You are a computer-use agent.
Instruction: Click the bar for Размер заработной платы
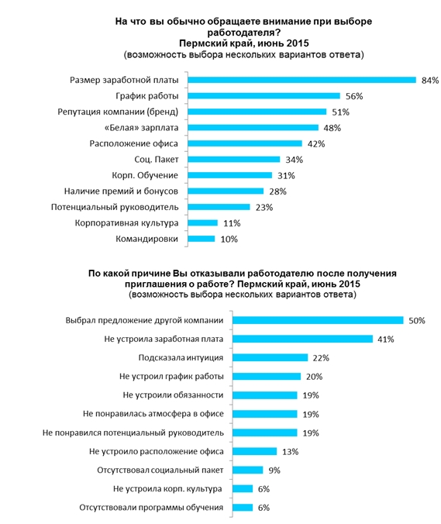(x=301, y=80)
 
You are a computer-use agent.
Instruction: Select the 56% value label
(x=354, y=96)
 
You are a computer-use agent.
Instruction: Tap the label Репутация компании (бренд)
(x=118, y=112)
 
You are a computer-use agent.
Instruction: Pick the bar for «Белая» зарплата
(x=253, y=128)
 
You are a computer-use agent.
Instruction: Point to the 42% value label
(x=316, y=143)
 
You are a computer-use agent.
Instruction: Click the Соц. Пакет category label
(x=157, y=160)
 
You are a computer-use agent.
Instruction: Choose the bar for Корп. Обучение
(x=230, y=175)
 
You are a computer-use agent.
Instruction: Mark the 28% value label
(x=278, y=191)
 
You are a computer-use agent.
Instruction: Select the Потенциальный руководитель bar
(x=219, y=207)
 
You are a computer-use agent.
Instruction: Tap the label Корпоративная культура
(x=126, y=223)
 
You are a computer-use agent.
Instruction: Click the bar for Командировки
(x=201, y=239)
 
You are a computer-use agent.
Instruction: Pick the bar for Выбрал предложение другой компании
(x=318, y=320)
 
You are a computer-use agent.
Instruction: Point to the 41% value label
(x=386, y=340)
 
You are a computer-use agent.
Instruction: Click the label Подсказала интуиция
(x=181, y=358)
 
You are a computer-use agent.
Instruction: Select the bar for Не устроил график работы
(x=267, y=377)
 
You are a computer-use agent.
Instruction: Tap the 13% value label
(x=291, y=452)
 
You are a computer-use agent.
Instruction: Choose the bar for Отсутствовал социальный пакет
(x=248, y=471)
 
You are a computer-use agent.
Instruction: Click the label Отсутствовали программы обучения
(x=151, y=508)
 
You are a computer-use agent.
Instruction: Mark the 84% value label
(x=430, y=80)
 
